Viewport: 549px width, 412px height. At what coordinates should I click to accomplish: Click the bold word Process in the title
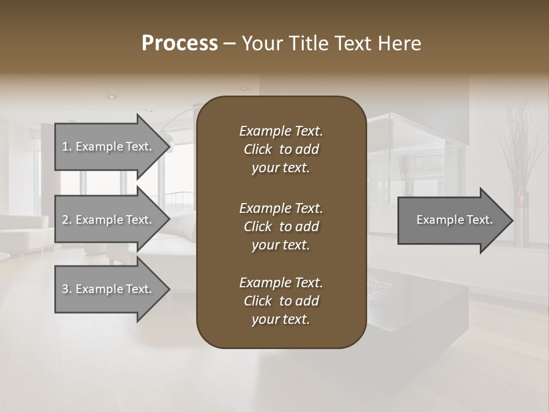click(180, 43)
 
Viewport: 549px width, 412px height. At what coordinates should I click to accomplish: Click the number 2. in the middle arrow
click(67, 220)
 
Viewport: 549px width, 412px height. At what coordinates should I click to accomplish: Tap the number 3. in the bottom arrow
click(67, 289)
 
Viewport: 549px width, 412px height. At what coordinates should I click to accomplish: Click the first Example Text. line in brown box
click(281, 131)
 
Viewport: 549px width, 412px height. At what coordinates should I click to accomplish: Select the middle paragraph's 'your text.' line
click(281, 245)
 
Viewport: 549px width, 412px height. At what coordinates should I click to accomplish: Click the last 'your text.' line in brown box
click(281, 320)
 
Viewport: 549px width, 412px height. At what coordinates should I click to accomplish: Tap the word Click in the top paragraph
click(258, 149)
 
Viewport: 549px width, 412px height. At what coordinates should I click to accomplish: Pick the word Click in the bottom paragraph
click(258, 301)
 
